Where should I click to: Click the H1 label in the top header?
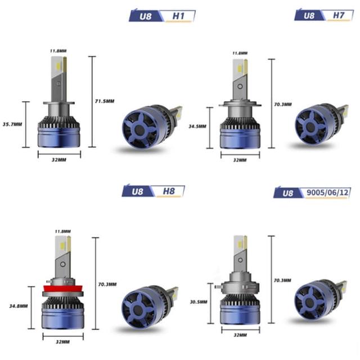[x=178, y=16]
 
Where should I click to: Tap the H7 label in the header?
[x=339, y=15]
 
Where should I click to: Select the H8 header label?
[x=169, y=191]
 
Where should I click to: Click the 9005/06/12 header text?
[x=327, y=192]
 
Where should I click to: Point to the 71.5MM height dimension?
[x=105, y=101]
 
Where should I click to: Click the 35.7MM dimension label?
[x=12, y=124]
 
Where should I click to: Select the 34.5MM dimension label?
[x=197, y=126]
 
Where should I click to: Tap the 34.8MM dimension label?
[x=19, y=306]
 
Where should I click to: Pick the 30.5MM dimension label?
[x=199, y=302]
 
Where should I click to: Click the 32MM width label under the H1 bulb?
[x=59, y=160]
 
